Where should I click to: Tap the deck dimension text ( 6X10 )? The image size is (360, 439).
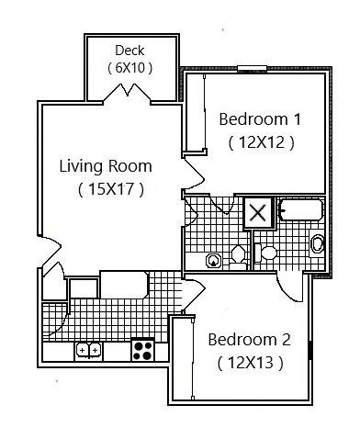pyautogui.click(x=129, y=67)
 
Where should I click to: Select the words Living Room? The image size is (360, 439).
pyautogui.click(x=106, y=166)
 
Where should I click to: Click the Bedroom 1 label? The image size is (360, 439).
pyautogui.click(x=261, y=119)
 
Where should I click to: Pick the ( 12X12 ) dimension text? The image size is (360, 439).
pyautogui.click(x=261, y=142)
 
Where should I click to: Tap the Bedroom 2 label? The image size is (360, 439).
pyautogui.click(x=249, y=340)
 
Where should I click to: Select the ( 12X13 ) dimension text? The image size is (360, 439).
pyautogui.click(x=250, y=363)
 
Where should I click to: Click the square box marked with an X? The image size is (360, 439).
pyautogui.click(x=258, y=214)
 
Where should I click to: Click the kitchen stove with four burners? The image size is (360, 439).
pyautogui.click(x=142, y=349)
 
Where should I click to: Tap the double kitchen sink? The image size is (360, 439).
pyautogui.click(x=89, y=350)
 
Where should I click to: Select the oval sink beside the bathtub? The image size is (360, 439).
pyautogui.click(x=318, y=243)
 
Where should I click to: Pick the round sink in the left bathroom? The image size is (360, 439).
pyautogui.click(x=214, y=259)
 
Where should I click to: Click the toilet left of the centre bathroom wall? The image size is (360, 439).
pyautogui.click(x=239, y=253)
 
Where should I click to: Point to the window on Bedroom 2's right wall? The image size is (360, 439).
pyautogui.click(x=313, y=350)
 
